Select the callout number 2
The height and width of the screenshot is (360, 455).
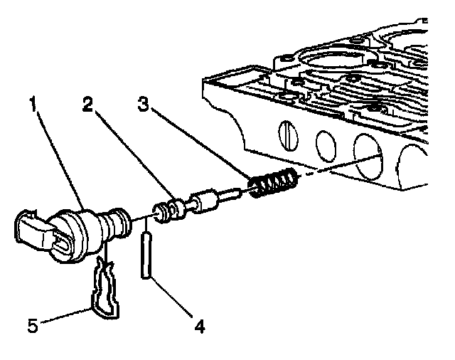[87, 104]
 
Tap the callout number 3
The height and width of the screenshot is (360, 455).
[143, 104]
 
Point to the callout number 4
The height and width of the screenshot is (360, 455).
[200, 327]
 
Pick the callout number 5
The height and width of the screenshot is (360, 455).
[33, 325]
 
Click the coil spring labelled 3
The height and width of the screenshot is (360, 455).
[273, 182]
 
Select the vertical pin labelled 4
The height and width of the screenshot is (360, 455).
[146, 255]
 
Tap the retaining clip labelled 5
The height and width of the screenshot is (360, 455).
[105, 289]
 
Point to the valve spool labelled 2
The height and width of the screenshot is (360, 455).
[197, 204]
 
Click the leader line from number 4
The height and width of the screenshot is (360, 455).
[171, 297]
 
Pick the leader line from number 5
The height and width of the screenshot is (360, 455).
[65, 316]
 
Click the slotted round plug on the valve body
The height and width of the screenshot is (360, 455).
[288, 136]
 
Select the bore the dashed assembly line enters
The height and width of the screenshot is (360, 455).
[368, 157]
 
